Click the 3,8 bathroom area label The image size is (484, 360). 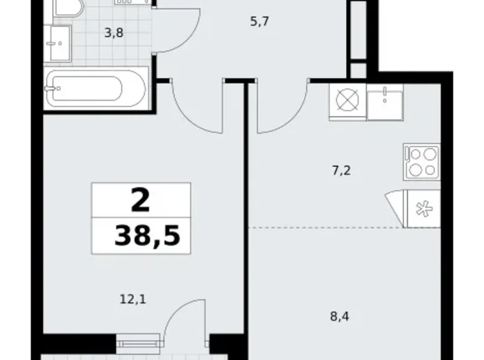tap(114, 33)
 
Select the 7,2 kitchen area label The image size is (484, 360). tap(342, 169)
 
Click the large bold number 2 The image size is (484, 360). tap(141, 201)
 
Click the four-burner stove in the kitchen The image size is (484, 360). tap(421, 161)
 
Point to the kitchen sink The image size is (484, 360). tap(385, 101)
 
